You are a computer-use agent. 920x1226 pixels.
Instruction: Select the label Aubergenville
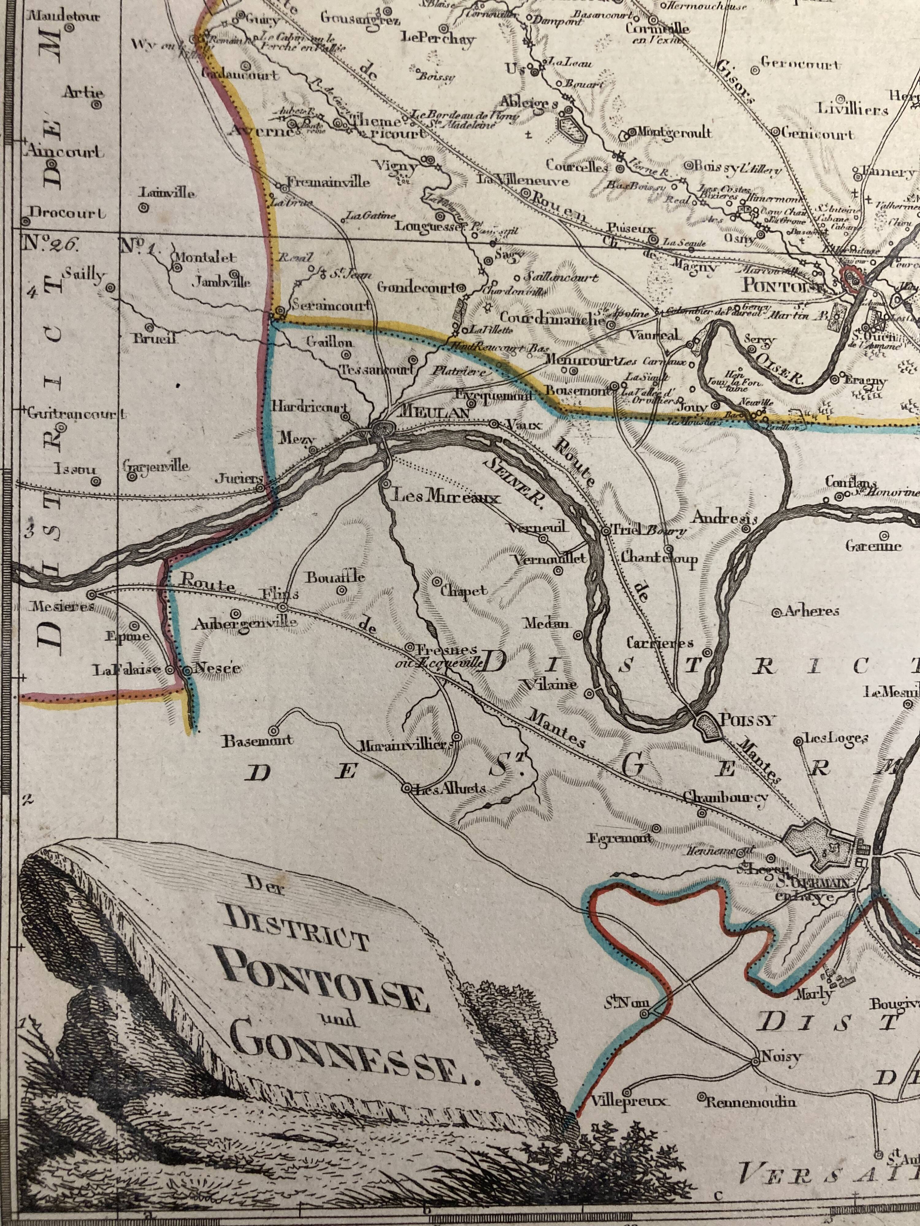245,623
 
